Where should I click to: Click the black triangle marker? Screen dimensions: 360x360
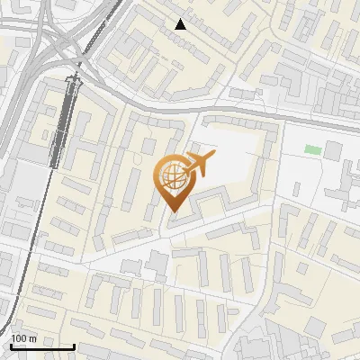(x=181, y=24)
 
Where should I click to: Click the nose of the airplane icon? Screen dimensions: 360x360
(x=213, y=157)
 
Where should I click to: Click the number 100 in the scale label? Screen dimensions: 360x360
(x=20, y=338)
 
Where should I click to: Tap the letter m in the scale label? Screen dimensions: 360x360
(x=32, y=338)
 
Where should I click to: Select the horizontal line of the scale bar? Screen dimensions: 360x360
(x=42, y=346)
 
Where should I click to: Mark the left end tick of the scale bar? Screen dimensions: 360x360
(x=11, y=345)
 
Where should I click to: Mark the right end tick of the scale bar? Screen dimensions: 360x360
(x=74, y=345)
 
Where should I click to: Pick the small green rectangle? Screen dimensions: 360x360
(x=312, y=149)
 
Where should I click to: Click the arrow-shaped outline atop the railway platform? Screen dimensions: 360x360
(x=74, y=83)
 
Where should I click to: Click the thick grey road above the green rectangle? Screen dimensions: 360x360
(x=297, y=117)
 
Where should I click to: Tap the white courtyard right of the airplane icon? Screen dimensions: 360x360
(x=236, y=162)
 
